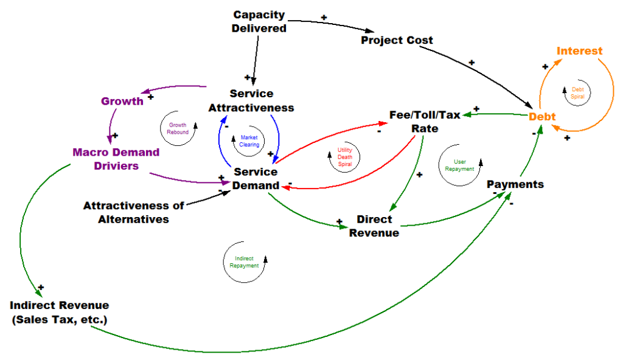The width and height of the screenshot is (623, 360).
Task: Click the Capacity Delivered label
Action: click(259, 21)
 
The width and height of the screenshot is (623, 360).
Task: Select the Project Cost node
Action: click(397, 40)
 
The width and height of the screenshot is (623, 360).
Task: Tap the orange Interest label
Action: click(579, 51)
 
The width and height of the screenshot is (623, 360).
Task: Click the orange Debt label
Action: click(542, 116)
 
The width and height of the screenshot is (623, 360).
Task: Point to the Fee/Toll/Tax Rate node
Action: click(425, 121)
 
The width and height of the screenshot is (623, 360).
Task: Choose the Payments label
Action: click(515, 184)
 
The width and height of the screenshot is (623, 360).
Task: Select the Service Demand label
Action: click(256, 179)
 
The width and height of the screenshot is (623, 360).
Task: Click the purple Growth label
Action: click(122, 101)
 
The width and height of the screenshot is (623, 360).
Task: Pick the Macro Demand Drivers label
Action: click(116, 159)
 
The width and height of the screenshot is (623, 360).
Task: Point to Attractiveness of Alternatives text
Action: click(133, 212)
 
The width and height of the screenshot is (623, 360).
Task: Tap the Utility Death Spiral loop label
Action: click(344, 157)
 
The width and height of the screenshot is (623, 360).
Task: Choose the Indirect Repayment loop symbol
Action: click(244, 262)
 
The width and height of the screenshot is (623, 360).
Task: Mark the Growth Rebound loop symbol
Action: click(178, 128)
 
